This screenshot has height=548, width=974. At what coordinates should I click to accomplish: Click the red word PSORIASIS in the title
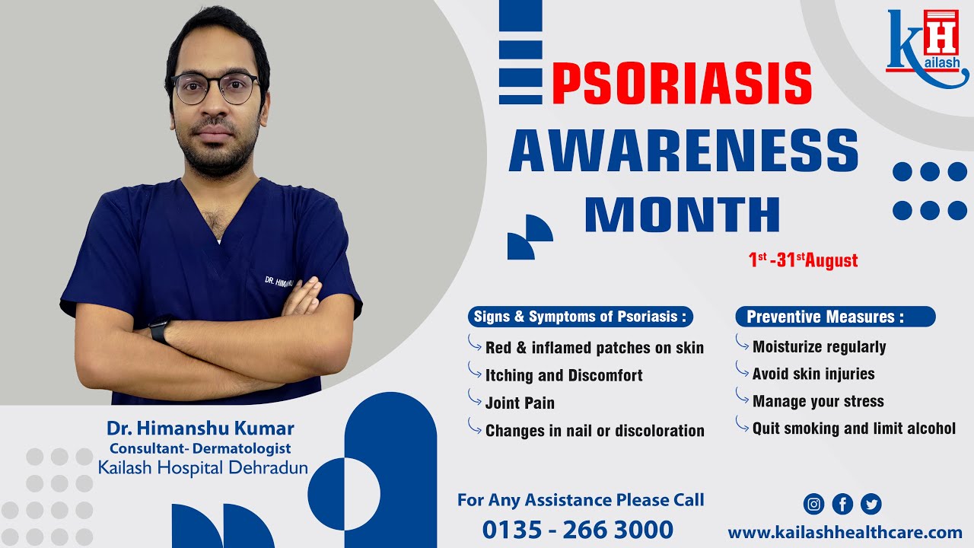click(x=682, y=83)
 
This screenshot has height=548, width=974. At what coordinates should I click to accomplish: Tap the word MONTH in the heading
click(x=683, y=215)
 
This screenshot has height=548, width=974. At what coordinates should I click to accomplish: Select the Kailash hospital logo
click(x=926, y=47)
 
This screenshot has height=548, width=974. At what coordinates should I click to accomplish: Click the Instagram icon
click(x=814, y=504)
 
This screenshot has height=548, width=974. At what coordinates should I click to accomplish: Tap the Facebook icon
click(x=842, y=504)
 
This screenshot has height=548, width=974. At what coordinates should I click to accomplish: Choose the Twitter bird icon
click(x=871, y=504)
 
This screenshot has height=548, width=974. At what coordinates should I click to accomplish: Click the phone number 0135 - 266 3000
click(x=578, y=530)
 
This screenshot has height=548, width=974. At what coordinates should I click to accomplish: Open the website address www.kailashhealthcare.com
click(x=845, y=532)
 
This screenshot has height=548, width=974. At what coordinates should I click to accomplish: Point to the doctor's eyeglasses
click(x=215, y=88)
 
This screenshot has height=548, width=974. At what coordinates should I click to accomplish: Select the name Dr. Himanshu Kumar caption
click(x=200, y=429)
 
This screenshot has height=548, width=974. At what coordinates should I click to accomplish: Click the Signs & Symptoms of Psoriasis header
click(x=580, y=317)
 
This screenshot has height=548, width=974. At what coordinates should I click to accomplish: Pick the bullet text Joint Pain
click(x=520, y=403)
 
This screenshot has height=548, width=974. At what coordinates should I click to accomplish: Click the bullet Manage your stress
click(x=818, y=401)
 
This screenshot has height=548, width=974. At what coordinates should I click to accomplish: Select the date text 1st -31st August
click(x=803, y=260)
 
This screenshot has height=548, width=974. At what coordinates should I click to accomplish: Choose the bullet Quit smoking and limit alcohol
click(x=854, y=429)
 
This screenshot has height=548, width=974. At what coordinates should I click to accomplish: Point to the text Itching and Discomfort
click(x=564, y=375)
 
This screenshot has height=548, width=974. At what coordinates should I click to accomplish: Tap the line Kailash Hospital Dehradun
click(x=203, y=467)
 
